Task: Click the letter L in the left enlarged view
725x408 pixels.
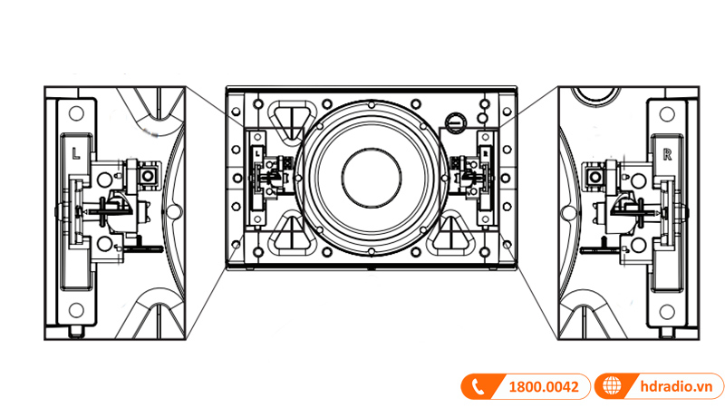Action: [75, 154]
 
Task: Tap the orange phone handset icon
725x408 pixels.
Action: [476, 386]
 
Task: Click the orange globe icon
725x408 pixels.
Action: [613, 386]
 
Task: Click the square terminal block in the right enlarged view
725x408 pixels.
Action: [596, 175]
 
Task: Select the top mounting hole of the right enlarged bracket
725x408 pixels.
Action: [668, 114]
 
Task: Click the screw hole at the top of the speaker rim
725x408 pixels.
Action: [370, 103]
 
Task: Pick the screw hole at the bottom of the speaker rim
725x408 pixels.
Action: [370, 251]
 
